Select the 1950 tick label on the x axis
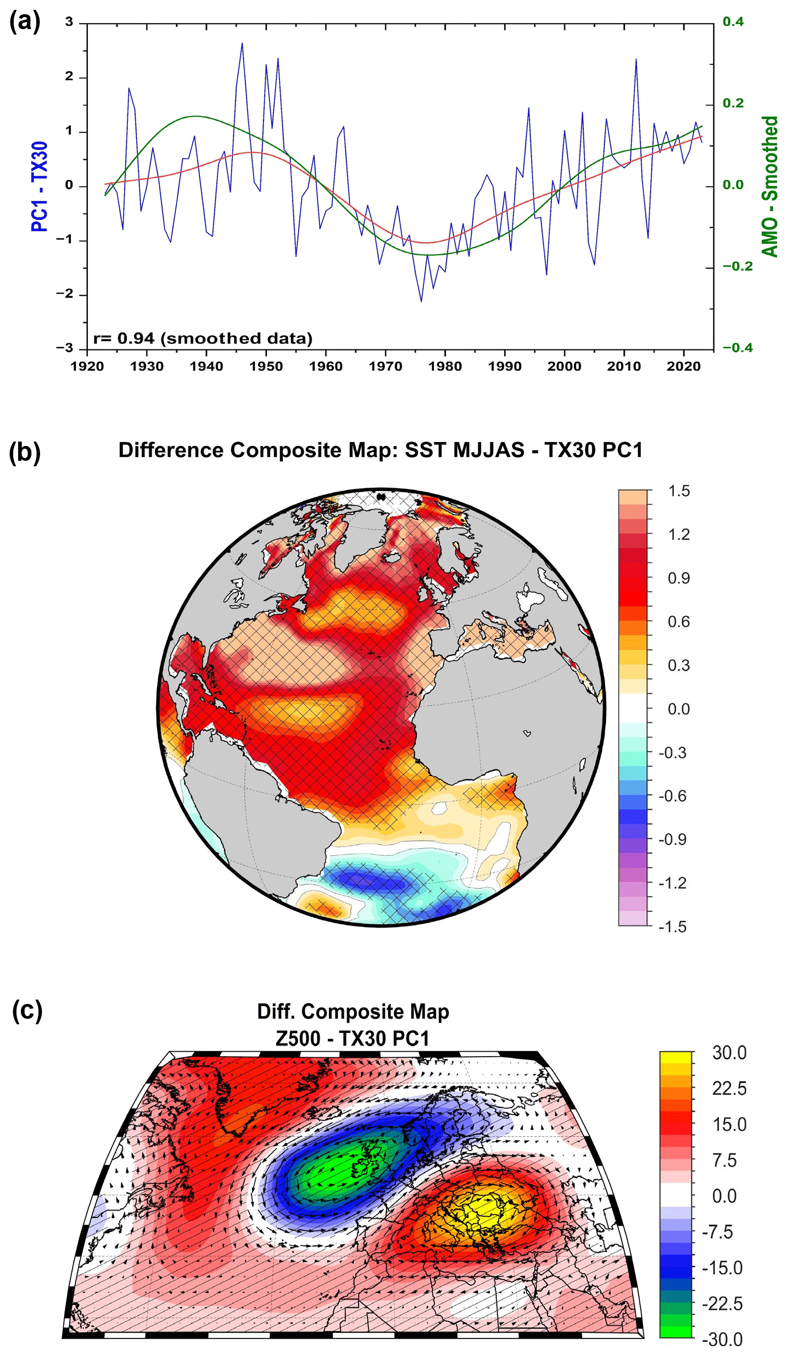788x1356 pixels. (266, 366)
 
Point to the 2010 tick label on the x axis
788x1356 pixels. (624, 366)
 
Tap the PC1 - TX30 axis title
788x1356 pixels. (40, 186)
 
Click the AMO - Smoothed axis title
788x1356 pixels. (770, 186)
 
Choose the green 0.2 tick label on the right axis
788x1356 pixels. (733, 103)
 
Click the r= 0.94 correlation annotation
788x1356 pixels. (203, 338)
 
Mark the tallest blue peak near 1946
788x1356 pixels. (242, 43)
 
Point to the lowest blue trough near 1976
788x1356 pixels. (421, 301)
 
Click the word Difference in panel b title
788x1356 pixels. (171, 450)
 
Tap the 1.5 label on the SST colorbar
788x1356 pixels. (679, 491)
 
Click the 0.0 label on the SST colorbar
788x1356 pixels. (679, 709)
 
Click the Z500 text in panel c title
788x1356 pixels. (298, 1039)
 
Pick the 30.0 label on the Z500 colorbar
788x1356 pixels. (729, 1053)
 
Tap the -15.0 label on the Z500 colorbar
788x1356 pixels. (723, 1268)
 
